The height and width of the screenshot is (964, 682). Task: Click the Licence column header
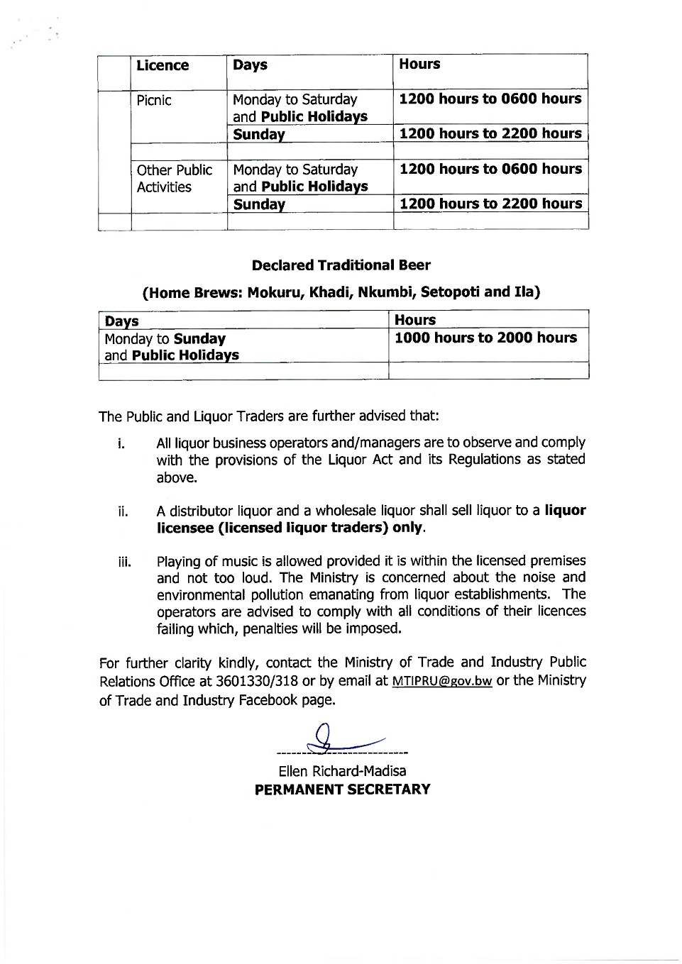click(x=163, y=66)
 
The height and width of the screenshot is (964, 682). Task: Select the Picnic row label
click(x=154, y=100)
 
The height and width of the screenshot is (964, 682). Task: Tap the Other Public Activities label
click(x=174, y=179)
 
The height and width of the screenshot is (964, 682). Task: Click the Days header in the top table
click(x=250, y=65)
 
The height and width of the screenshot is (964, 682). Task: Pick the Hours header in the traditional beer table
click(x=414, y=320)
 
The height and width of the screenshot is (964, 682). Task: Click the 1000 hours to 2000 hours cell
click(x=485, y=338)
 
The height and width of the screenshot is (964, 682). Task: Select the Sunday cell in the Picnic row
click(x=259, y=134)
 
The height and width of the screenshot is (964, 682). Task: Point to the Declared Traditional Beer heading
click(x=341, y=265)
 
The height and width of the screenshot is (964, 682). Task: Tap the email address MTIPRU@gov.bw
click(x=441, y=682)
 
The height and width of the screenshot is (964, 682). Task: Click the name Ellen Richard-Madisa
click(x=342, y=771)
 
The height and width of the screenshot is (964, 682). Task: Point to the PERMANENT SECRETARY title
click(x=342, y=790)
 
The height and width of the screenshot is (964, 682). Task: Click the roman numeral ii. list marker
click(x=123, y=511)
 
